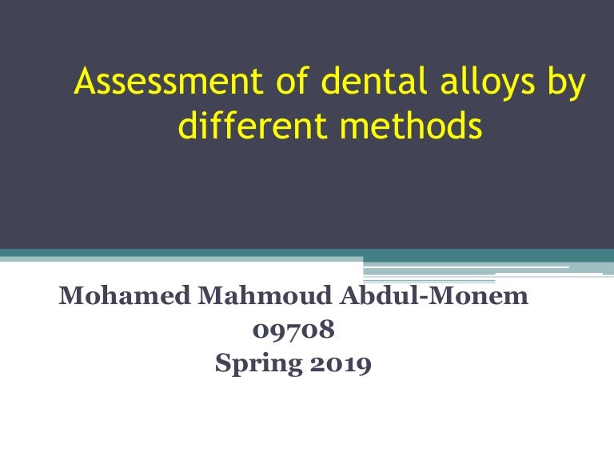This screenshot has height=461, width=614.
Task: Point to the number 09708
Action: click(293, 331)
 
